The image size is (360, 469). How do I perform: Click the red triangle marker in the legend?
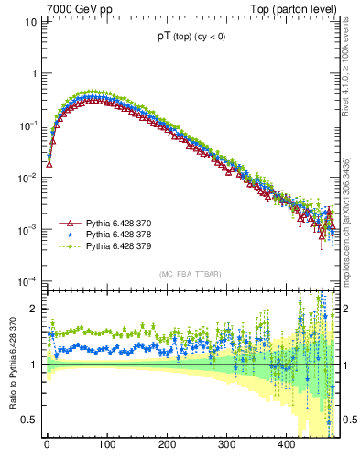click(x=67, y=223)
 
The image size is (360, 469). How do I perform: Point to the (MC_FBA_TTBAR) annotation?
click(x=190, y=274)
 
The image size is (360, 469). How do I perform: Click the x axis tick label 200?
click(x=166, y=445)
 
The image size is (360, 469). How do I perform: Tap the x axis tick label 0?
click(x=47, y=445)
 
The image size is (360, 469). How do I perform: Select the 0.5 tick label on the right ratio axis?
click(x=350, y=420)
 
